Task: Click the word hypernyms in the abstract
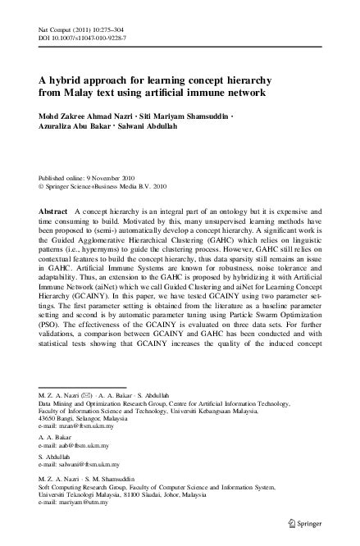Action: click(122, 255)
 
